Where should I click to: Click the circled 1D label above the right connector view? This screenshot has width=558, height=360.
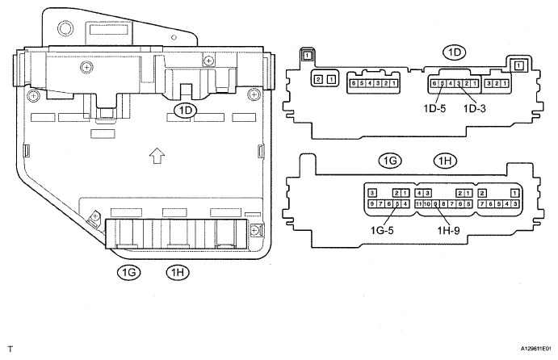455,52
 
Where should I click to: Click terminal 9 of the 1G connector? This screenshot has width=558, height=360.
372,205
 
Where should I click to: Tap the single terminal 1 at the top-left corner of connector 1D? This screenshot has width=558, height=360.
307,56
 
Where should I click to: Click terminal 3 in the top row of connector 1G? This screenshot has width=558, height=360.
372,193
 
